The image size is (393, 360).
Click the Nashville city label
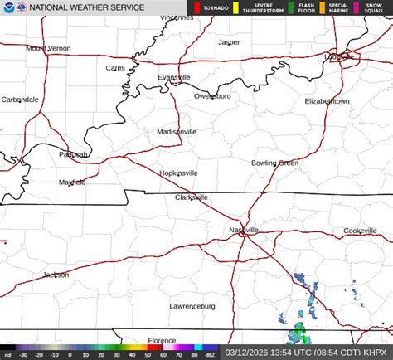click(x=244, y=229)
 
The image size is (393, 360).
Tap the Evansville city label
click(x=174, y=77)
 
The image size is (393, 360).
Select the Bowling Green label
click(x=274, y=163)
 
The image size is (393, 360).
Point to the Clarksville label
click(x=191, y=197)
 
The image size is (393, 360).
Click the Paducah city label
click(x=73, y=154)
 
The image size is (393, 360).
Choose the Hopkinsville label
click(x=178, y=173)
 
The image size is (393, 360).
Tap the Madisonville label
click(x=177, y=131)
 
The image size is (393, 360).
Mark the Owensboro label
click(x=212, y=96)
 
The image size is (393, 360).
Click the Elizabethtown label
click(x=327, y=100)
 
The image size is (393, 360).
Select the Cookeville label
click(x=360, y=230)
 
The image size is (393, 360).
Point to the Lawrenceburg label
click(x=192, y=306)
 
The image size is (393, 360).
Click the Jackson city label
click(x=56, y=275)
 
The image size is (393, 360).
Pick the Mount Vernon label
click(x=48, y=48)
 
